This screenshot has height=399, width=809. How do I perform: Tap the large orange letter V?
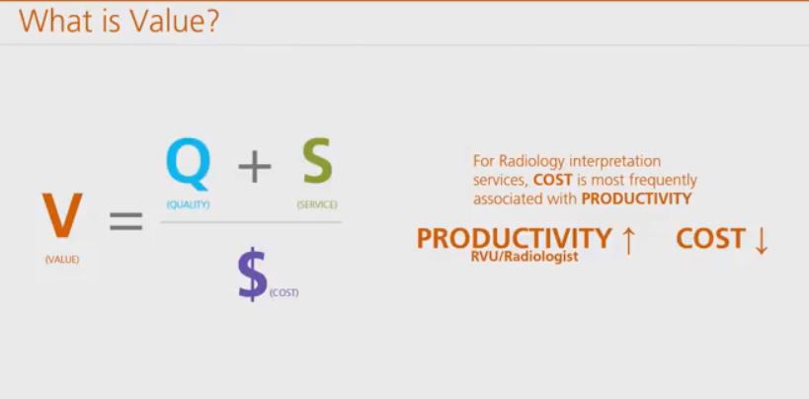pyautogui.click(x=62, y=215)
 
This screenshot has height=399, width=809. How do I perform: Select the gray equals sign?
pyautogui.click(x=125, y=220)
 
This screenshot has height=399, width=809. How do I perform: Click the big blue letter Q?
pyautogui.click(x=189, y=163)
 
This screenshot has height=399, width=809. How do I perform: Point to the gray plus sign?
pyautogui.click(x=255, y=166)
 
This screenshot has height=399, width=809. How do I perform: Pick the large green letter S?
pyautogui.click(x=317, y=161)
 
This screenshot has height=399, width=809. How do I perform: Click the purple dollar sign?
pyautogui.click(x=252, y=275)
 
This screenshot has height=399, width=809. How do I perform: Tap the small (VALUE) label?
pyautogui.click(x=62, y=260)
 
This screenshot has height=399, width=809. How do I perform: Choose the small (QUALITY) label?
pyautogui.click(x=188, y=204)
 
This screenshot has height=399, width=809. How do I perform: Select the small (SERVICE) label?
pyautogui.click(x=317, y=204)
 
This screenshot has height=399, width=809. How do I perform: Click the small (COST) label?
pyautogui.click(x=283, y=292)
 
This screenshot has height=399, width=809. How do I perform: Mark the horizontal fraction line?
pyautogui.click(x=251, y=222)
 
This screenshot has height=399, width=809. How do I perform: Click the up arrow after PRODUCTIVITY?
pyautogui.click(x=628, y=240)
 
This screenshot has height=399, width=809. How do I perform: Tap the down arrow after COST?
pyautogui.click(x=761, y=240)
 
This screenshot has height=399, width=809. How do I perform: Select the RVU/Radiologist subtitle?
pyautogui.click(x=525, y=257)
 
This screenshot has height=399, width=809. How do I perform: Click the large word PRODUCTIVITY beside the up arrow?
pyautogui.click(x=514, y=238)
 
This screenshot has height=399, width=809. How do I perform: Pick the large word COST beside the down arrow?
pyautogui.click(x=710, y=238)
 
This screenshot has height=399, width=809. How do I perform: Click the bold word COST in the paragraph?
pyautogui.click(x=552, y=180)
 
